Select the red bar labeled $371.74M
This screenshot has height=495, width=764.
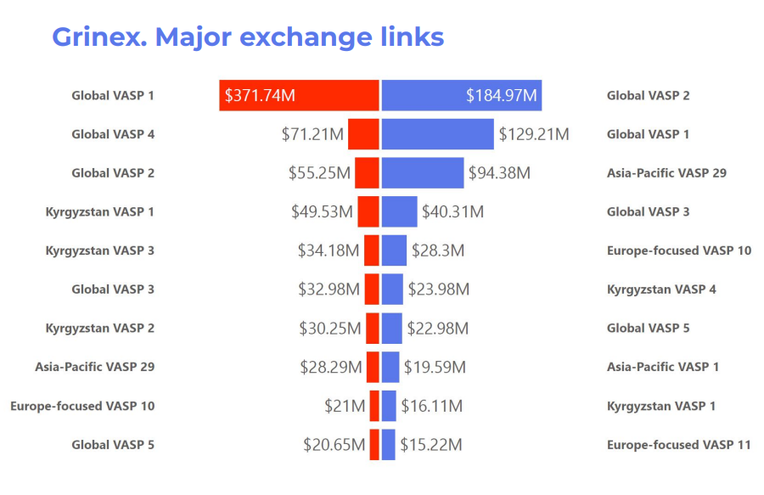tap(298, 95)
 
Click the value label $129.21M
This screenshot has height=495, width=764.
tap(533, 134)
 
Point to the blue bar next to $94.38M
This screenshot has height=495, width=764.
tap(422, 173)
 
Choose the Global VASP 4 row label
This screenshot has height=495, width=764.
tap(113, 134)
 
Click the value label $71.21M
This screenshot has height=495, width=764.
tap(312, 134)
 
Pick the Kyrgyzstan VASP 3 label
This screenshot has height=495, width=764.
tap(100, 250)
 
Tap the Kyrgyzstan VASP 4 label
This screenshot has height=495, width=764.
tap(661, 290)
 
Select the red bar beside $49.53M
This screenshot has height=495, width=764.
tap(368, 211)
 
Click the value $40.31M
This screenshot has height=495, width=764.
tap(452, 211)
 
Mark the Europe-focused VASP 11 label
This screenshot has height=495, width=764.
tap(678, 445)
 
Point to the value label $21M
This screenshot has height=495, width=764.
tap(345, 406)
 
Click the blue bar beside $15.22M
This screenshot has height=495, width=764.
tap(388, 445)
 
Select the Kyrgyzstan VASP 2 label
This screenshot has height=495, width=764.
tap(100, 328)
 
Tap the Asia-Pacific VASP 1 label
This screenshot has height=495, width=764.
tap(662, 367)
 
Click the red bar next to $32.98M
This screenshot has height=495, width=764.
tap(371, 290)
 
